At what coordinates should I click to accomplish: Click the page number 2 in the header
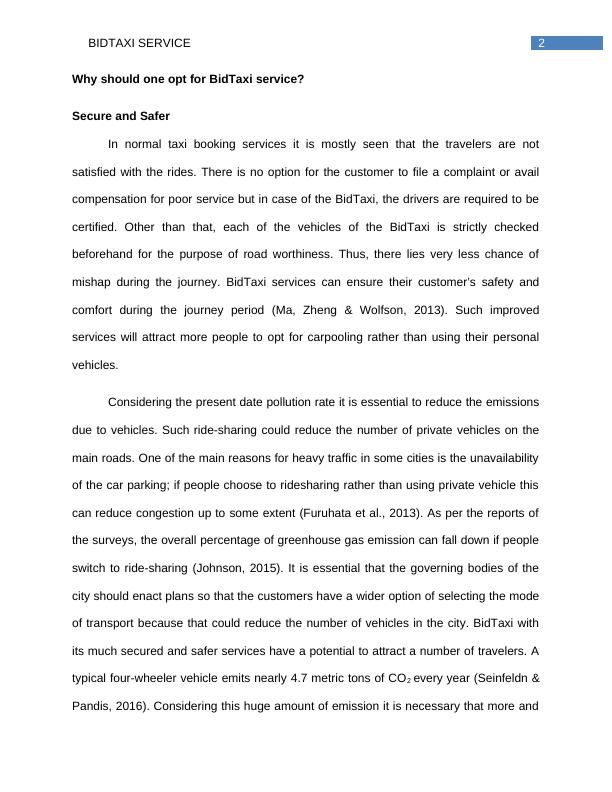pyautogui.click(x=541, y=43)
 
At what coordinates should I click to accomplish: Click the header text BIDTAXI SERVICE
pyautogui.click(x=139, y=44)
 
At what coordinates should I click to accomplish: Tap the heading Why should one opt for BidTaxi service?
pyautogui.click(x=187, y=79)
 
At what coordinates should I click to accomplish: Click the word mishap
pyautogui.click(x=93, y=282)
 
